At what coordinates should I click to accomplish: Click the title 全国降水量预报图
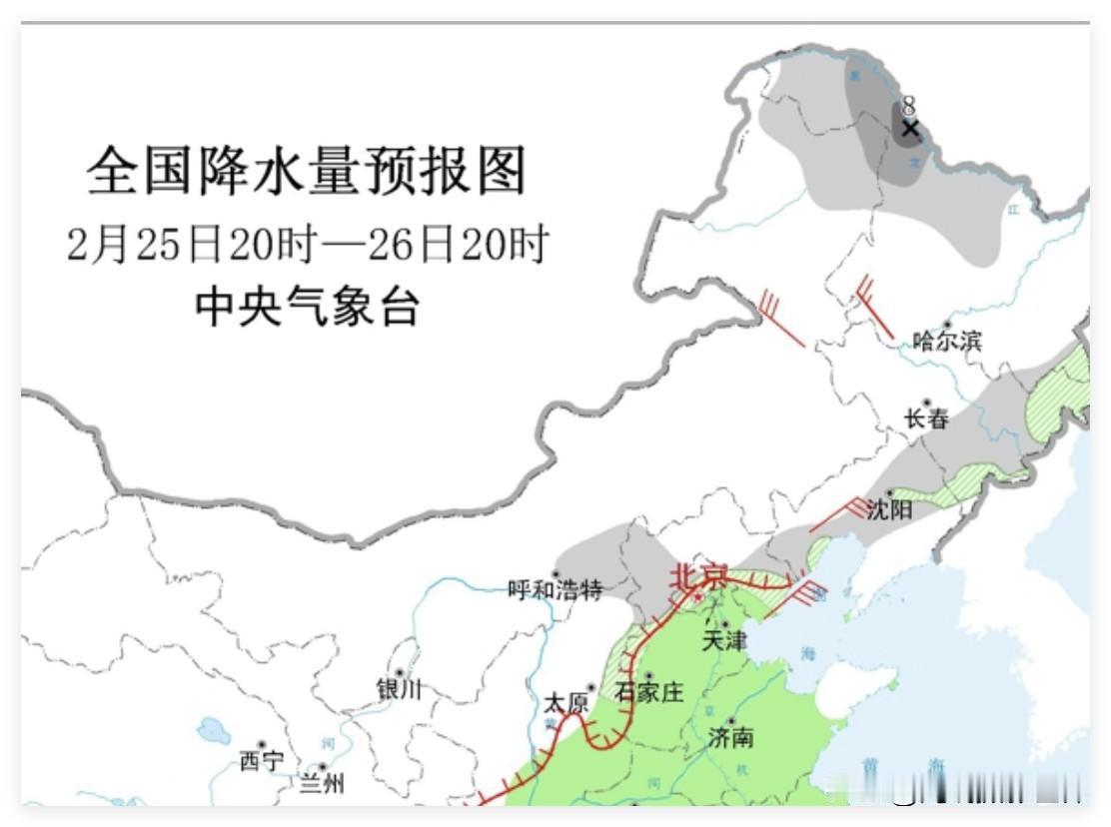[306, 172]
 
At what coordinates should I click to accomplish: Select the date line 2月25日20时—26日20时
[308, 244]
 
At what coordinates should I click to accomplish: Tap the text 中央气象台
[307, 306]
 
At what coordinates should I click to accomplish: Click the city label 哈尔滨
[947, 342]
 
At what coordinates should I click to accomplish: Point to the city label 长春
[926, 419]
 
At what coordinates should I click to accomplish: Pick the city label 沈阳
[889, 509]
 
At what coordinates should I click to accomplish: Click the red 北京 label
[698, 577]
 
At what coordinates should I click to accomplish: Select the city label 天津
[723, 641]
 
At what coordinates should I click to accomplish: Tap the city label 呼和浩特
[555, 590]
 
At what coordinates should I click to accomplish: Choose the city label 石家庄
[649, 692]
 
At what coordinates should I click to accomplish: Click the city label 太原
[564, 703]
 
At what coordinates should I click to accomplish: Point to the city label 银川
[399, 689]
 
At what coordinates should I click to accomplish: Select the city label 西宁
[262, 761]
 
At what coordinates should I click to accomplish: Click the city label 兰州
[322, 783]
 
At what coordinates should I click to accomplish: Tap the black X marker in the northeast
[909, 128]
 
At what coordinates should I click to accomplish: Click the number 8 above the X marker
[908, 105]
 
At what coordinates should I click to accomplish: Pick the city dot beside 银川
[399, 672]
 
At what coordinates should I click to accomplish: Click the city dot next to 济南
[731, 721]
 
